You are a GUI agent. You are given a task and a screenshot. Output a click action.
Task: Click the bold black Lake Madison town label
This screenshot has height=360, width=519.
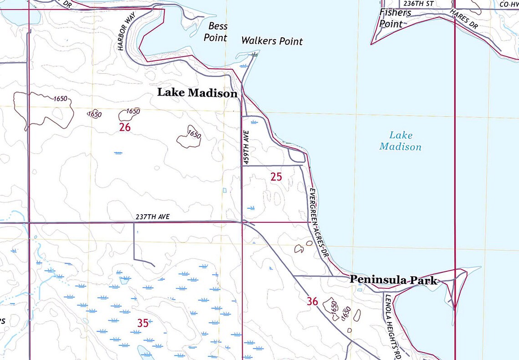click(x=197, y=93)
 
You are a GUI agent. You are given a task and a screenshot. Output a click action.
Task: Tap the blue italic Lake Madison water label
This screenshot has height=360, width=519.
click(x=400, y=141)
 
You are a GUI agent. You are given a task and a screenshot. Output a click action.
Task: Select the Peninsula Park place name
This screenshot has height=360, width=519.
click(x=393, y=280)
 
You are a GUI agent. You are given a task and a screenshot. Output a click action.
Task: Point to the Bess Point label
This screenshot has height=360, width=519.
click(x=216, y=32)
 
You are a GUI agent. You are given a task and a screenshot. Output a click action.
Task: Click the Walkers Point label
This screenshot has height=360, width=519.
click(x=272, y=41)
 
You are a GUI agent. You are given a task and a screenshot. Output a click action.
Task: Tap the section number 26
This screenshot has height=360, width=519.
click(x=125, y=127)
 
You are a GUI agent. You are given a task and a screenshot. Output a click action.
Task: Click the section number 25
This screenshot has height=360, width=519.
click(x=276, y=177)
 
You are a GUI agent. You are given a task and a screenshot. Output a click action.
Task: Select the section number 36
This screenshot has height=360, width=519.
click(x=312, y=301)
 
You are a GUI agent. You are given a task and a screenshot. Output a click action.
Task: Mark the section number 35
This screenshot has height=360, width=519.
click(x=143, y=323)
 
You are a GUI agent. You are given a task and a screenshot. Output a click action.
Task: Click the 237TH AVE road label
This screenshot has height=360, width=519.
click(x=153, y=217)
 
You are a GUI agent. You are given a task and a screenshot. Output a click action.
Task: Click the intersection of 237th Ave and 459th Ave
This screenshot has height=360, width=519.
click(x=242, y=222)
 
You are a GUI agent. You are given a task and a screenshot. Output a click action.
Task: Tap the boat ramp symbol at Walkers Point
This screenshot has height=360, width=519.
click(x=254, y=54)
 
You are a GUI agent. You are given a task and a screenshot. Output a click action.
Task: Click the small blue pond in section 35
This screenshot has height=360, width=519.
click(x=144, y=351)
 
